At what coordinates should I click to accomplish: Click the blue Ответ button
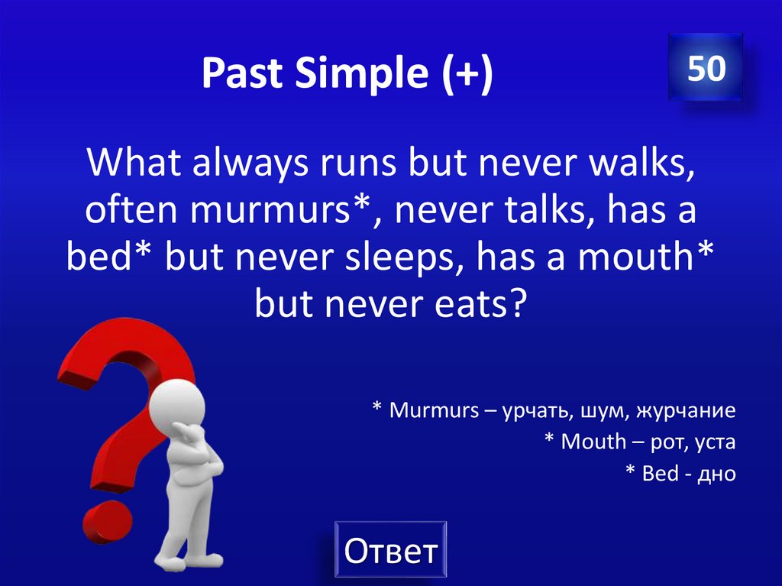click(x=390, y=549)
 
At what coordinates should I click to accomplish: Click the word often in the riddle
click(x=131, y=212)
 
